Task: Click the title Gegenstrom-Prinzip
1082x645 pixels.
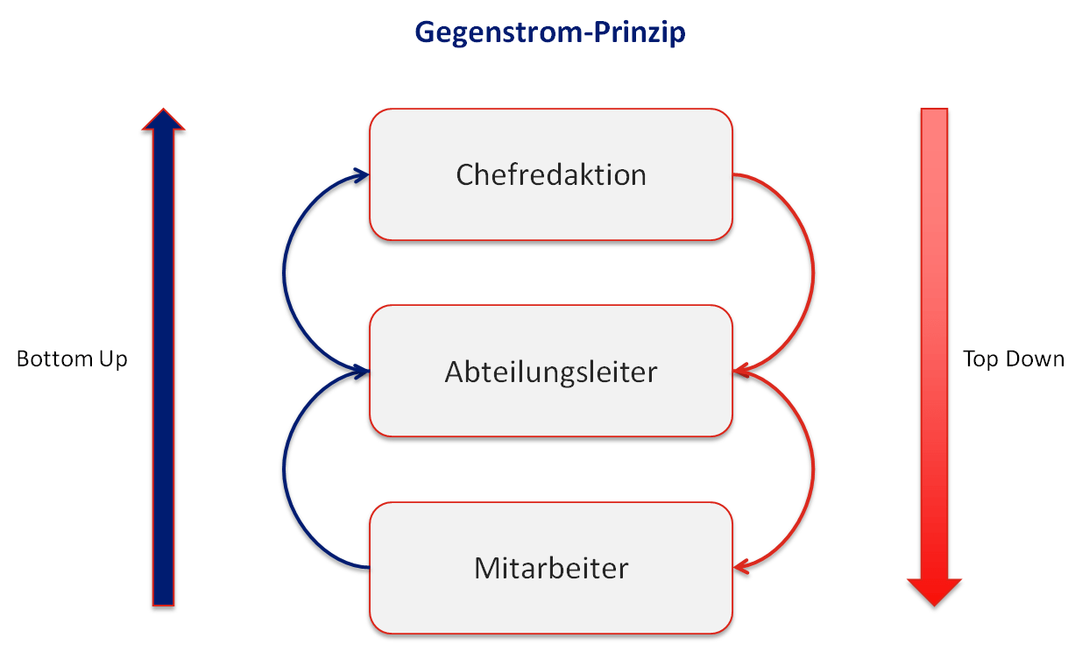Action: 550,32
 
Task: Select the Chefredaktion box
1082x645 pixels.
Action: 551,174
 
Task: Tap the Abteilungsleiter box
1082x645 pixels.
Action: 551,371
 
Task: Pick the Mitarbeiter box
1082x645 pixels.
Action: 551,568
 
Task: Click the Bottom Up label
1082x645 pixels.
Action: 72,359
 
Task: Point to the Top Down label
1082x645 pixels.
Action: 1014,359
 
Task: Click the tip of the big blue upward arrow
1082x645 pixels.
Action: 163,110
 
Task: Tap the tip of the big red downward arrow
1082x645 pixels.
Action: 934,606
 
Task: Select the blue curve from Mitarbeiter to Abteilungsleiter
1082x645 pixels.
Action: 284,469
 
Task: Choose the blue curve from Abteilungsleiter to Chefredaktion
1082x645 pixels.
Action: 284,273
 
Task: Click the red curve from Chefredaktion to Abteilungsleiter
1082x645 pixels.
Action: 814,273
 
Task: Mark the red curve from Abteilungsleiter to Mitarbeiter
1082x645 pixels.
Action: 814,469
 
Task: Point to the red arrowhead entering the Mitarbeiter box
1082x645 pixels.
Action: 741,566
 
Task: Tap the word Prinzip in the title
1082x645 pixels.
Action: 640,32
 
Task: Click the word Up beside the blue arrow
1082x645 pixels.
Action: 113,360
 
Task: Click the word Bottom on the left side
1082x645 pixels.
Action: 54,359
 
